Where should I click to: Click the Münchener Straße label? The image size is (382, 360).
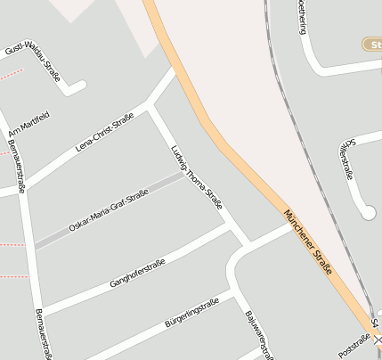308,241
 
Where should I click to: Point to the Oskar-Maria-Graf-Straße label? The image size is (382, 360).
108,212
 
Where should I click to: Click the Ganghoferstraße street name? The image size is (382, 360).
137,271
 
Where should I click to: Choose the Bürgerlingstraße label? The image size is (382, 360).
191,312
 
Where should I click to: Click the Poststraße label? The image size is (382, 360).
354,344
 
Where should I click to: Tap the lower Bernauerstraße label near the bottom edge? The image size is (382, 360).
42,333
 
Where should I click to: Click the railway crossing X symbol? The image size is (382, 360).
377,340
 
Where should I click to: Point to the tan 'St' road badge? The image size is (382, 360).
372,44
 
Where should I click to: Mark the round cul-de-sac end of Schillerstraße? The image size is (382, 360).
368,212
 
